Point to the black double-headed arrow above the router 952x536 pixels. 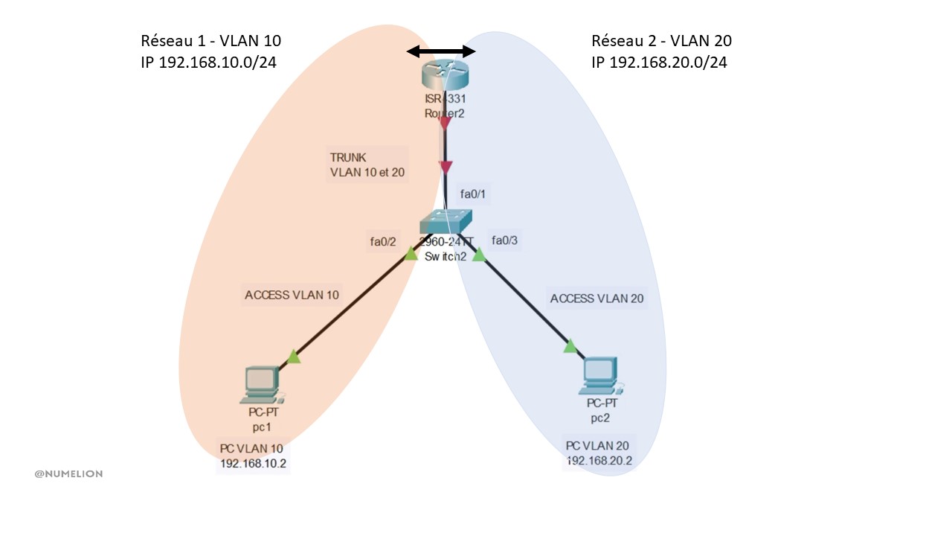[440, 51]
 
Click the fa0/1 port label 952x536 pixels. [473, 195]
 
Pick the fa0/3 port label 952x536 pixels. [505, 240]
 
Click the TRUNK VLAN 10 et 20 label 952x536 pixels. [367, 165]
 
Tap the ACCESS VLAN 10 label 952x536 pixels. [292, 295]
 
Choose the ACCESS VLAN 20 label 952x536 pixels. [596, 299]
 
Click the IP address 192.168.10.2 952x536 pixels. [253, 464]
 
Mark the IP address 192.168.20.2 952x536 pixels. [599, 460]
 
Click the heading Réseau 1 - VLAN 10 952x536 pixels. [211, 41]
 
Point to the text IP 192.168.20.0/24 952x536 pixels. [659, 63]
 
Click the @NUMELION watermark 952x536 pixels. [68, 473]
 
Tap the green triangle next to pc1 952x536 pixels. [294, 357]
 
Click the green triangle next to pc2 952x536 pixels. [570, 346]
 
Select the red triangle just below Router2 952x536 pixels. [445, 123]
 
